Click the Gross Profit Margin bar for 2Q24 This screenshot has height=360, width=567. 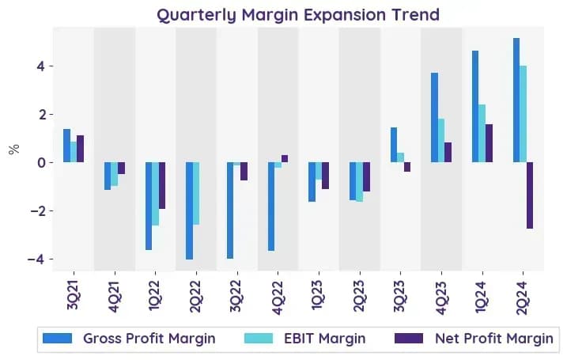pyautogui.click(x=516, y=100)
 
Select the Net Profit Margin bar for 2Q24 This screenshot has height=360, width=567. pyautogui.click(x=530, y=195)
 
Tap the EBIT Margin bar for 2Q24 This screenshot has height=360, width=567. pyautogui.click(x=523, y=114)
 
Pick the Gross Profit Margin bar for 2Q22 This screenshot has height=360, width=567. pyautogui.click(x=189, y=211)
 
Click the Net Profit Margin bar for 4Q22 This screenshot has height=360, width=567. pyautogui.click(x=285, y=159)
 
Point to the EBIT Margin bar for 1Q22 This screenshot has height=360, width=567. pyautogui.click(x=156, y=194)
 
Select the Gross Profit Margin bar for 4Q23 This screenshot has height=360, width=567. pyautogui.click(x=434, y=118)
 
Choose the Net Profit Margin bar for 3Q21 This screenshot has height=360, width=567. pyautogui.click(x=80, y=149)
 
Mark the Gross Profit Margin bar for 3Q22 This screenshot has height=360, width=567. pyautogui.click(x=230, y=210)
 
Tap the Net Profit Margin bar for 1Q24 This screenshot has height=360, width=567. pyautogui.click(x=489, y=143)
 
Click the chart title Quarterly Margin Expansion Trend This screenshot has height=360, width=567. pyautogui.click(x=298, y=15)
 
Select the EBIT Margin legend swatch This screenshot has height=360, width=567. pyautogui.click(x=259, y=339)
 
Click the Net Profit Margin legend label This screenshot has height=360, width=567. pyautogui.click(x=494, y=339)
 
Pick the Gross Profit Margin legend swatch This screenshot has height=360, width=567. pyautogui.click(x=57, y=339)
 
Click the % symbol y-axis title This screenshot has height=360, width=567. pyautogui.click(x=13, y=149)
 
